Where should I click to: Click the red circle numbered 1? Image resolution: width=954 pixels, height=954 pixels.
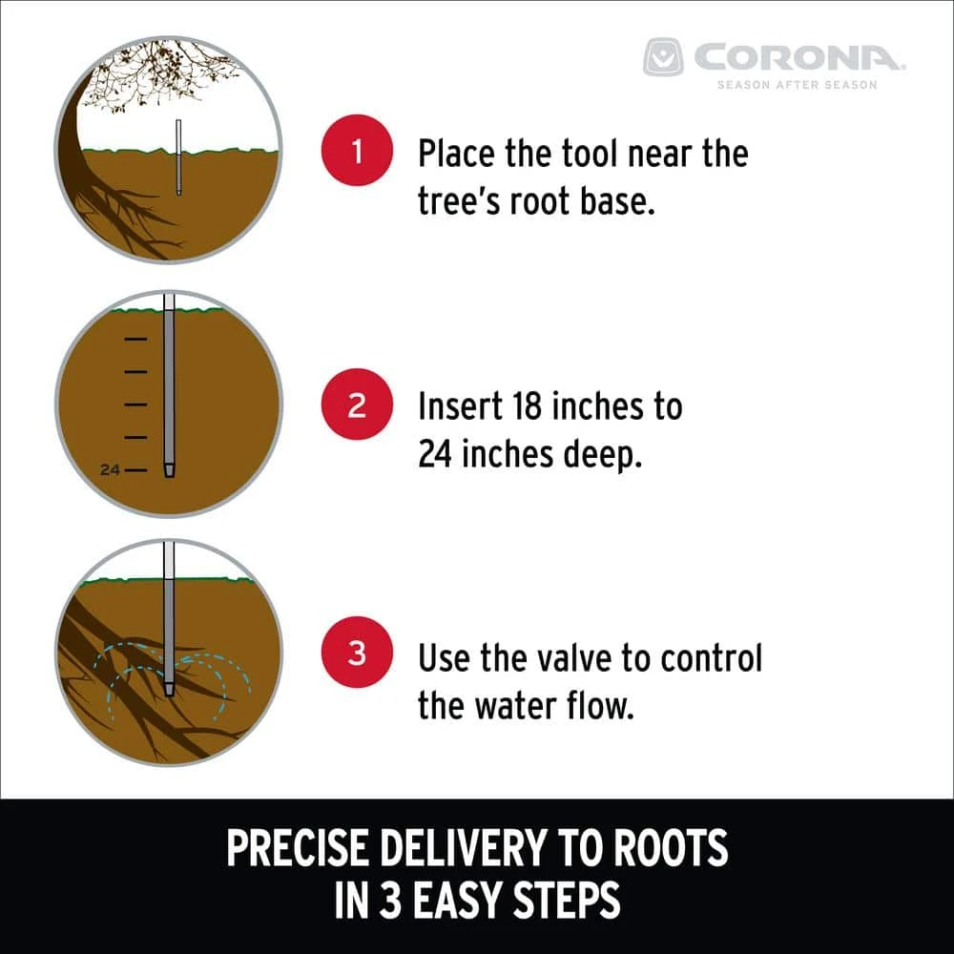point(357,150)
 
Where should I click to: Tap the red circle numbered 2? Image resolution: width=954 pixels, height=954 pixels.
point(357,404)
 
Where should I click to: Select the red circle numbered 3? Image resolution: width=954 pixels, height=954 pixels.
point(357,653)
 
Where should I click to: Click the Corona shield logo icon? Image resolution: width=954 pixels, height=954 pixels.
point(663,57)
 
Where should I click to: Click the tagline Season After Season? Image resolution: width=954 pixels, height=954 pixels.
point(797,85)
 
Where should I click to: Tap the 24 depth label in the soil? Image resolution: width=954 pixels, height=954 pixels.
point(110,469)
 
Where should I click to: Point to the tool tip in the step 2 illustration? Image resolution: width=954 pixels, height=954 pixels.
point(169,471)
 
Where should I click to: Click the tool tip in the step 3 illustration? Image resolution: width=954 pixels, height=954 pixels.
point(169,689)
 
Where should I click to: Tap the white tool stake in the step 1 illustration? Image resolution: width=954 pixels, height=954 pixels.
point(178,157)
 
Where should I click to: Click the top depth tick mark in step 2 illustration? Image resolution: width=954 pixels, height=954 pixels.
point(135,339)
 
